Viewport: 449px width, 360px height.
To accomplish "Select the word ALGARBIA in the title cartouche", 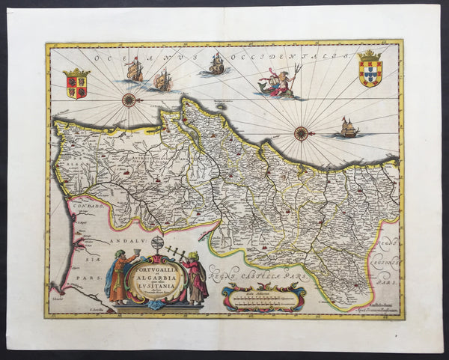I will click(x=158, y=276).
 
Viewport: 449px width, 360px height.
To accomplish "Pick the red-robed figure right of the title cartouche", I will click(x=196, y=277).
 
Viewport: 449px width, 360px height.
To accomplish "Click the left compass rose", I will click(x=129, y=100).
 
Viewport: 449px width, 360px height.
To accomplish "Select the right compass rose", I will click(x=302, y=133).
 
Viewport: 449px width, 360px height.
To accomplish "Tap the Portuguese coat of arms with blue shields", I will click(x=370, y=69).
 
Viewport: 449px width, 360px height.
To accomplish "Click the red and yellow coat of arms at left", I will click(x=76, y=83).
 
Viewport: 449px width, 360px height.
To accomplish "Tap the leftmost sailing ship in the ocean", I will click(x=135, y=70).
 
